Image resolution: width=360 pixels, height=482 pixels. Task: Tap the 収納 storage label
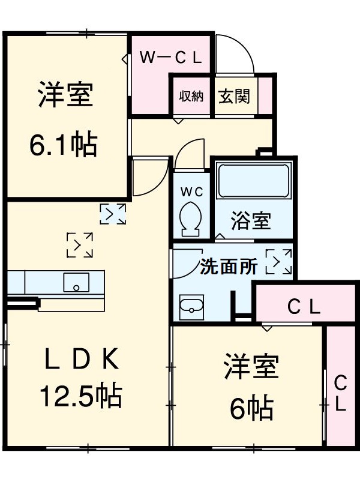pyautogui.click(x=191, y=95)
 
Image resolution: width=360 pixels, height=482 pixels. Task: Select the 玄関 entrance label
pyautogui.click(x=234, y=95)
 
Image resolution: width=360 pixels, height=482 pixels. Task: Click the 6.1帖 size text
pyautogui.click(x=64, y=144)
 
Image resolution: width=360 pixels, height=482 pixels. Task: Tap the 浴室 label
pyautogui.click(x=251, y=221)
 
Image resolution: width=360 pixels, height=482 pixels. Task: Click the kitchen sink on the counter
pyautogui.click(x=76, y=282)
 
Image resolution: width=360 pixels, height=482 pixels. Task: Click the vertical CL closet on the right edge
pyautogui.click(x=340, y=393)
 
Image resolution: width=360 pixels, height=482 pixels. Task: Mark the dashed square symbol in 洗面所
pyautogui.click(x=278, y=262)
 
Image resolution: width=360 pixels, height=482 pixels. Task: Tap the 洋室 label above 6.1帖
pyautogui.click(x=66, y=95)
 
